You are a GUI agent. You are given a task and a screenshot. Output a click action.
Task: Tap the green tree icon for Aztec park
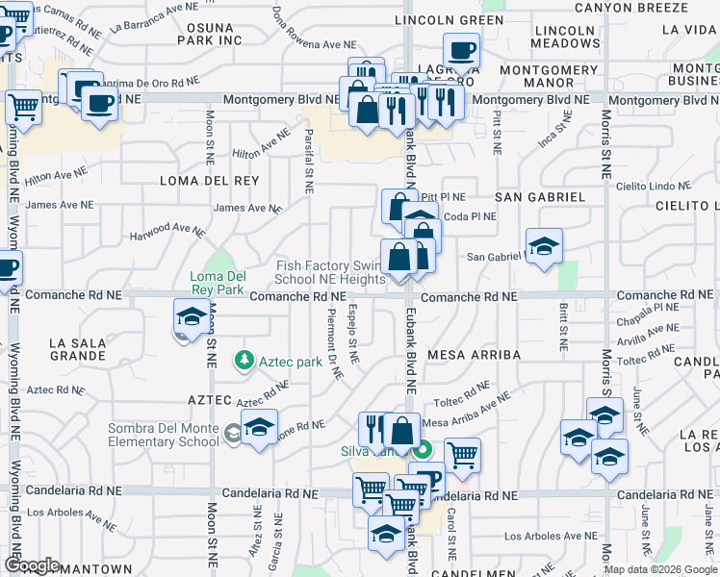pyautogui.click(x=244, y=362)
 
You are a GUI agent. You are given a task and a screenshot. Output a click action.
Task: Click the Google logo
pyautogui.click(x=31, y=565)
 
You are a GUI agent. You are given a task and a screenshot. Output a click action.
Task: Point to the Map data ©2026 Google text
pyautogui.click(x=660, y=569)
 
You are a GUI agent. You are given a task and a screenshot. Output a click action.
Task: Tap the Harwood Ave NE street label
pyautogui.click(x=168, y=231)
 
